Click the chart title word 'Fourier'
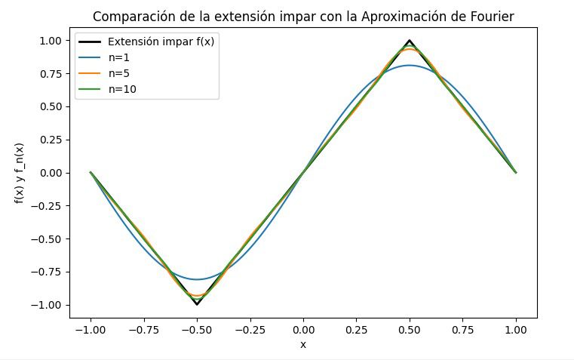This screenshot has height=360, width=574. (x=492, y=17)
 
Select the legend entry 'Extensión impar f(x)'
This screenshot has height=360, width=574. (x=161, y=42)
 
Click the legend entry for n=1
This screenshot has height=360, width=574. (x=121, y=57)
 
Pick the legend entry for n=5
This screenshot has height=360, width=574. (x=121, y=73)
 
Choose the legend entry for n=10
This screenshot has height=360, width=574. (x=124, y=89)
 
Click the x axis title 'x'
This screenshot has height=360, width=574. (x=303, y=344)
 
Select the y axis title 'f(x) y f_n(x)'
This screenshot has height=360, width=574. (x=19, y=173)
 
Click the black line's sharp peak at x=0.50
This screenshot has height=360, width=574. (x=410, y=41)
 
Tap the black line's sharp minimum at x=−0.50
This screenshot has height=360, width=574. (x=197, y=304)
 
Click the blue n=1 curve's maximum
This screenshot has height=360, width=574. (x=410, y=66)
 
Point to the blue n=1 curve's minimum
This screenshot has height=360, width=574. (x=197, y=279)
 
